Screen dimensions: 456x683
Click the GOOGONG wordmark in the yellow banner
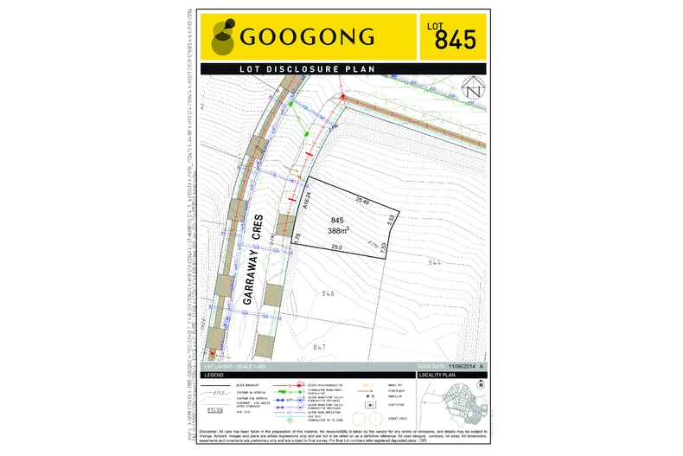click(307, 37)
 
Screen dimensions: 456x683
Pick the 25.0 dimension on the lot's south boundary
click(336, 247)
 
